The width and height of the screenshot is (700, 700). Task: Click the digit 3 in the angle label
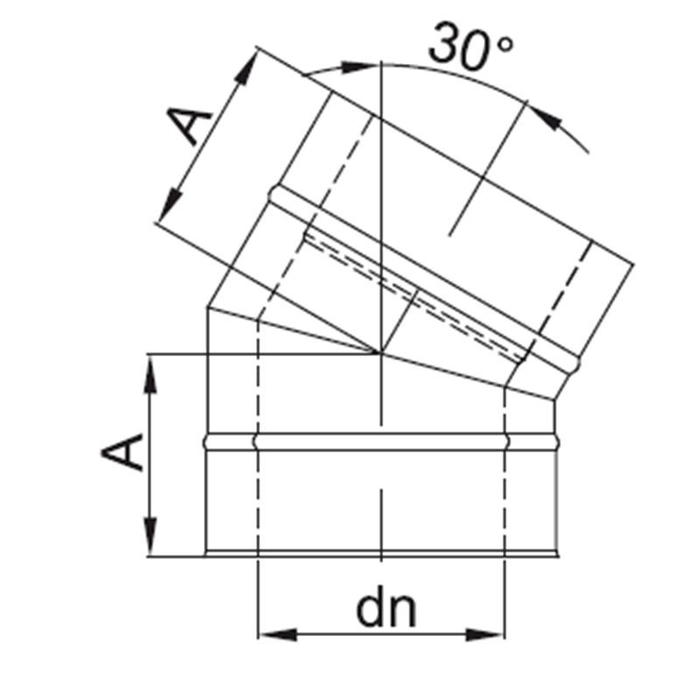pyautogui.click(x=444, y=47)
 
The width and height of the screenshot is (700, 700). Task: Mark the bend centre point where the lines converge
pyautogui.click(x=382, y=353)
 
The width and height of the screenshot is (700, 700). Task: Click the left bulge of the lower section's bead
pyautogui.click(x=206, y=442)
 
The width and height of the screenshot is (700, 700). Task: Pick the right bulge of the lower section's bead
pyautogui.click(x=557, y=442)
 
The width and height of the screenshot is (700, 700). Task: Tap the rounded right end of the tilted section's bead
pyautogui.click(x=576, y=359)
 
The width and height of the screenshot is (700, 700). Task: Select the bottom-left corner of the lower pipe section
pyautogui.click(x=206, y=555)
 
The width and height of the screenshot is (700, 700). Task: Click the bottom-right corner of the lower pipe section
pyautogui.click(x=557, y=555)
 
